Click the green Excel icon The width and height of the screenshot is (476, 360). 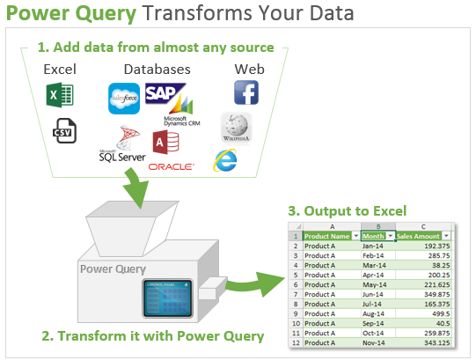(60, 94)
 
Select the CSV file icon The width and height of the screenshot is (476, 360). (62, 131)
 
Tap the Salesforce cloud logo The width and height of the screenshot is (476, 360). (124, 98)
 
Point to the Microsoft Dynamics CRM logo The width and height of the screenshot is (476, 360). (181, 121)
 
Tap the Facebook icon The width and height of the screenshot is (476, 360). (245, 92)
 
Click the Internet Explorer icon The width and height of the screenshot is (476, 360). (227, 159)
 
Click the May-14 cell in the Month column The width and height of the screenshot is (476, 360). (376, 285)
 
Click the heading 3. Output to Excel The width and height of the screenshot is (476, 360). (347, 210)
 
